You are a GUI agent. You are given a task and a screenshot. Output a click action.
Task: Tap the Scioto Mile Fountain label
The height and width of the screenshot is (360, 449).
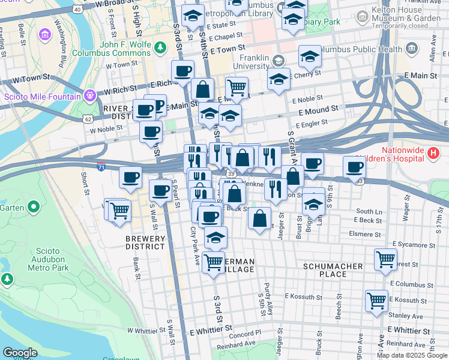point(42,97)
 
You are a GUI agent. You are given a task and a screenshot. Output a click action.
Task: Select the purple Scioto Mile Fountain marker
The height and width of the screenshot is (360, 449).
point(90,95)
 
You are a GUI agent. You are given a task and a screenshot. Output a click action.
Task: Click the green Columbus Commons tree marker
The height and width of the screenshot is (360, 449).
point(160,47)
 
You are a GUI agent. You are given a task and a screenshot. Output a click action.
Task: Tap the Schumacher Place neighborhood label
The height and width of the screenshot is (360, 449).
point(333,270)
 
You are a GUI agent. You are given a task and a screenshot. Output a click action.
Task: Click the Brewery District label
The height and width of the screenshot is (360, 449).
point(145,242)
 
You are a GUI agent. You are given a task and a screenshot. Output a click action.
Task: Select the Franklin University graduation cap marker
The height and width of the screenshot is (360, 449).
point(278,61)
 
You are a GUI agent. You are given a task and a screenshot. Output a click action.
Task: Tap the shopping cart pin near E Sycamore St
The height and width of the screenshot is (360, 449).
point(385,259)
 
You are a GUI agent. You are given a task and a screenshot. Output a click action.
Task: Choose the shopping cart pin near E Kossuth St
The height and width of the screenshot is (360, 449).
point(376,300)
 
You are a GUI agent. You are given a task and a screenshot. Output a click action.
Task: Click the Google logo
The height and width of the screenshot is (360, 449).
point(20,352)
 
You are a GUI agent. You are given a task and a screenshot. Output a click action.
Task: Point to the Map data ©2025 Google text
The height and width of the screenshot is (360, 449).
point(412,355)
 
